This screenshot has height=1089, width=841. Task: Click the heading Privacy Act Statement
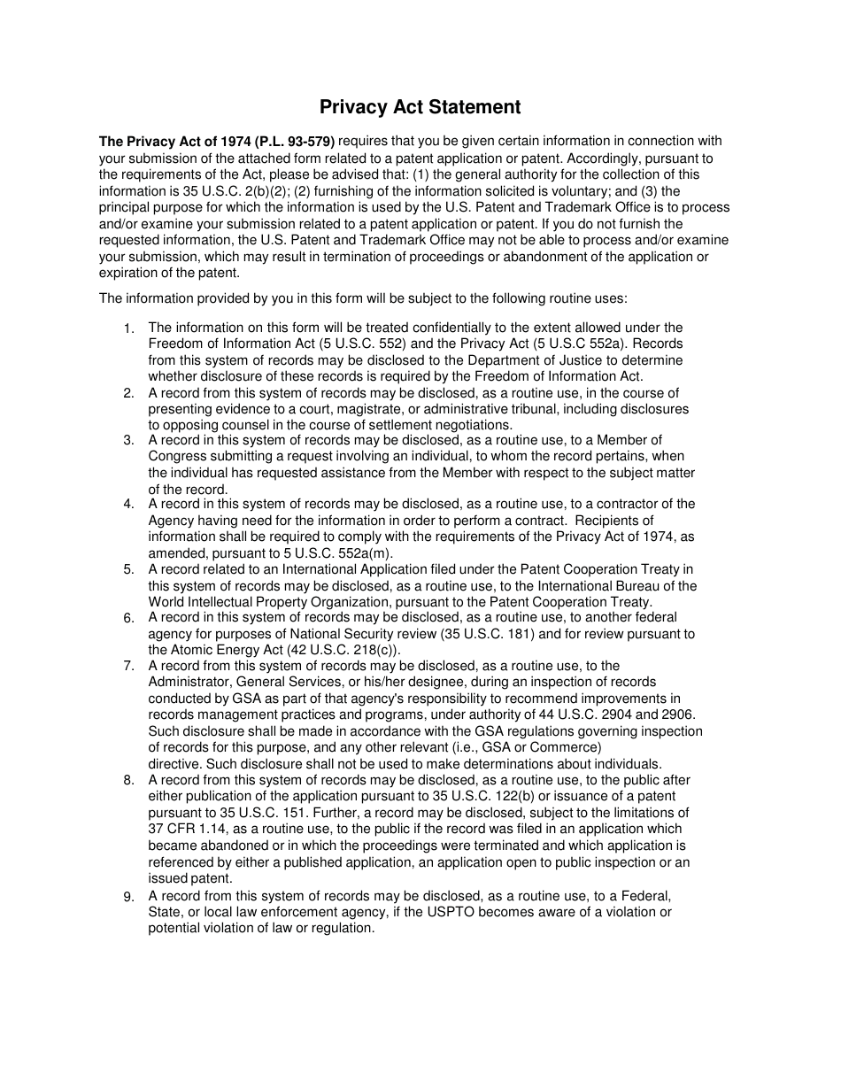coord(420,107)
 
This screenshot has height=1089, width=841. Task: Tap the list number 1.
coord(128,328)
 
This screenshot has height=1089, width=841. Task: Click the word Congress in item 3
coord(177,456)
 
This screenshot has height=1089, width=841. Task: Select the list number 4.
coord(128,504)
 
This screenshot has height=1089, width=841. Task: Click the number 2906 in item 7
coord(678,714)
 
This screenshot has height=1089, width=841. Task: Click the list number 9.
coord(128,897)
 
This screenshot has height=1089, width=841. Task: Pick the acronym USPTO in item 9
coord(470,912)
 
